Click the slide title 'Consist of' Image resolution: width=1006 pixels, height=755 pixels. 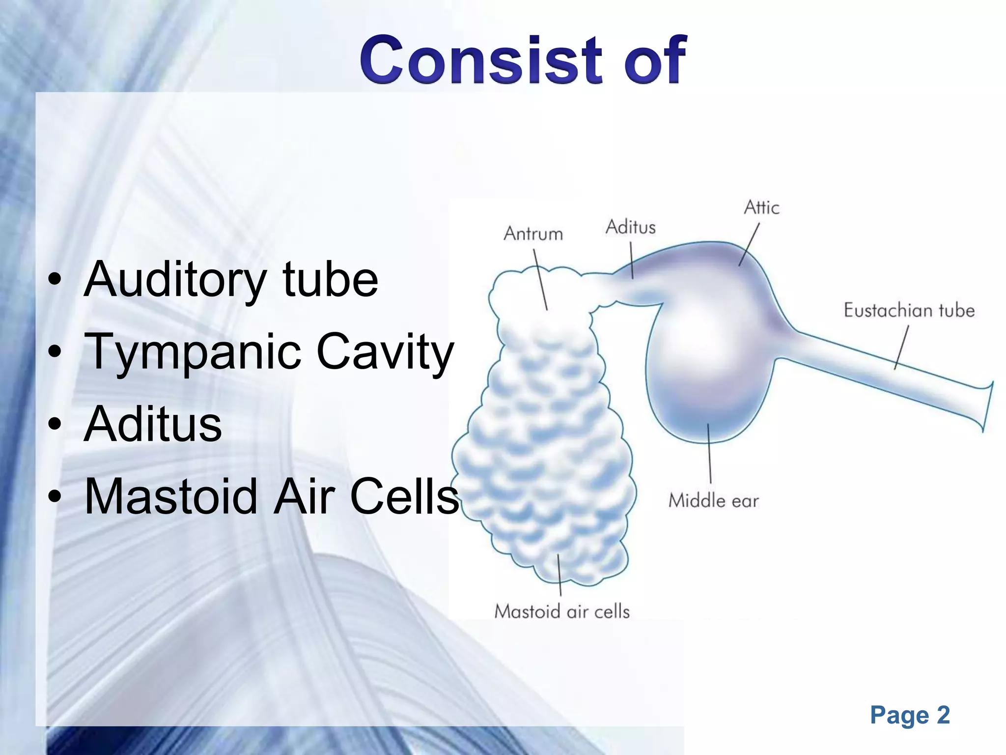point(522,59)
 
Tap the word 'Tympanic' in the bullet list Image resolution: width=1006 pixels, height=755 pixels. point(193,352)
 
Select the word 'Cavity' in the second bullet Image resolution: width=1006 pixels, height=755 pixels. point(385,352)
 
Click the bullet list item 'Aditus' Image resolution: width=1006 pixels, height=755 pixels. point(153,424)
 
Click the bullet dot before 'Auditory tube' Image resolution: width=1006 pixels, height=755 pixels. point(55,280)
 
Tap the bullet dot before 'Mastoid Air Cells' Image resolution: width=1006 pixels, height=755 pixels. point(55,497)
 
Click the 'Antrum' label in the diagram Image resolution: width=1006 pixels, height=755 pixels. point(533,234)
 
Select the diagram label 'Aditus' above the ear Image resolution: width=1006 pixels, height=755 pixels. point(630,228)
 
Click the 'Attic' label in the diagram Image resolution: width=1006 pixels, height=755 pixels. point(761,208)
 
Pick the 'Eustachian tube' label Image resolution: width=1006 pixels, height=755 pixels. point(909,311)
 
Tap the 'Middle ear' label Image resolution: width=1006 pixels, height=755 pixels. point(713,501)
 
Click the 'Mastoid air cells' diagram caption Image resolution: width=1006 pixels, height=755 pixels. point(561,611)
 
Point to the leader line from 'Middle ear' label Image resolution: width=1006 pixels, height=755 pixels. point(709,452)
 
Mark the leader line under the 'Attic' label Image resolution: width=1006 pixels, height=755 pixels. point(750,244)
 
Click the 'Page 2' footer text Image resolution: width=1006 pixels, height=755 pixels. point(909,715)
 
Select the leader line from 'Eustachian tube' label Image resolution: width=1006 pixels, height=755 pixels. point(901,347)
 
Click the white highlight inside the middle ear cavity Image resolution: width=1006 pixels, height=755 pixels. point(698,334)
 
